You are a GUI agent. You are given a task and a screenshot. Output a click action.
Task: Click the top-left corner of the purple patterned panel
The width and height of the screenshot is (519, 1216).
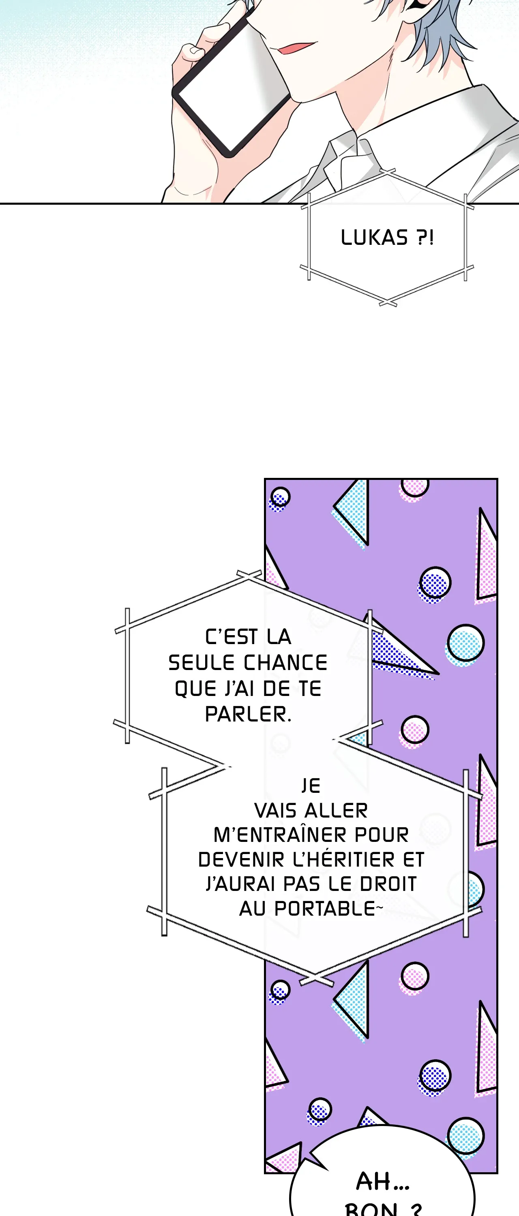[265, 479]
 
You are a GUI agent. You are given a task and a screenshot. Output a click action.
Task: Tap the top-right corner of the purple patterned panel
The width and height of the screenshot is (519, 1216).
[497, 479]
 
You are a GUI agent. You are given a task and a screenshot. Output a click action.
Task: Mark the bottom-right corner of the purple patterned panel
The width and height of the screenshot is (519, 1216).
[497, 1173]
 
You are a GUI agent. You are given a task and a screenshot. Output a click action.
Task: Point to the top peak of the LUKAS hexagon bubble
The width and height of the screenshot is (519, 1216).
[387, 172]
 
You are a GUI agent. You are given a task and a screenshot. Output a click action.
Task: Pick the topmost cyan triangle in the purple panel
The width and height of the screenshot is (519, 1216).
[352, 513]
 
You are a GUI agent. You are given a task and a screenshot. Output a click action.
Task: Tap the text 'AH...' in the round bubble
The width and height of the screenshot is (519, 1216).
[382, 1182]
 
